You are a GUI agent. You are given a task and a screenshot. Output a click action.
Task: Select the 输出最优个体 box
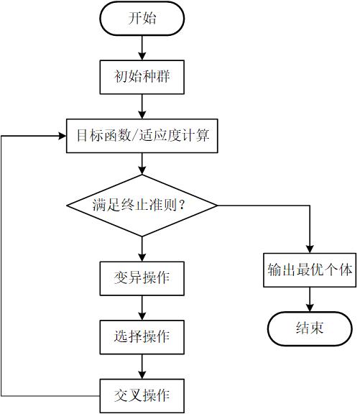(x=310, y=270)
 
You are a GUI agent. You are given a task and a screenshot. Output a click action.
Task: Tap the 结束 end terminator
(x=310, y=328)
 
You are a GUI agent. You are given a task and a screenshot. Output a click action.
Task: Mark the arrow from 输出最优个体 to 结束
(x=310, y=300)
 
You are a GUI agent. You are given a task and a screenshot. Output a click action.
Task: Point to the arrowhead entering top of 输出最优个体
(x=310, y=249)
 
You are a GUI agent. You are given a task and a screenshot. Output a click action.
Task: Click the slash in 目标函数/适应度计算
(x=134, y=135)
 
